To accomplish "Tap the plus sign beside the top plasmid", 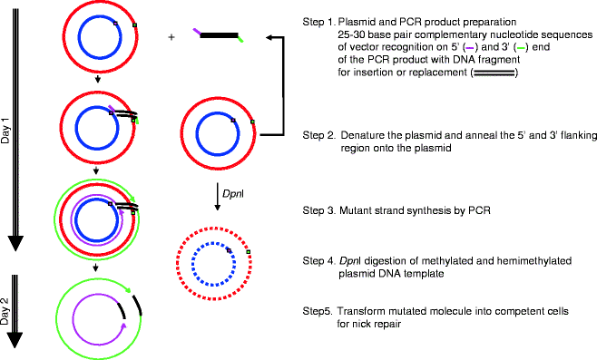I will (x=171, y=38).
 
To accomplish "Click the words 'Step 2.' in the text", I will (x=320, y=135).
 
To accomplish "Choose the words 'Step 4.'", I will (x=320, y=261).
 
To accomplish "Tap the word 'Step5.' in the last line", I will (x=318, y=311).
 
